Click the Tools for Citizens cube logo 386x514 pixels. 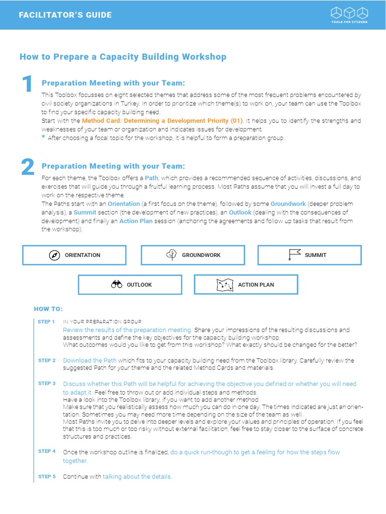[349, 12]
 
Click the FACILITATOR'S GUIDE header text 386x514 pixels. [65, 15]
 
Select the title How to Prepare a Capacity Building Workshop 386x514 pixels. [123, 57]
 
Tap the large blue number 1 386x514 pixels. [27, 84]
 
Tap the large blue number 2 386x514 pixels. [28, 167]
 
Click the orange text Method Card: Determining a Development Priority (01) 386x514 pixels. [162, 121]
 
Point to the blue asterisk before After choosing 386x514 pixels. [43, 138]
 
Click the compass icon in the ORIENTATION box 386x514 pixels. [55, 255]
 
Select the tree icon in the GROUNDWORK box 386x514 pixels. [171, 255]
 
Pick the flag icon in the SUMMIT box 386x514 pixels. [295, 255]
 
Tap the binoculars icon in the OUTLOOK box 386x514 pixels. [117, 285]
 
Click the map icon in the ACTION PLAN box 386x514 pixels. [225, 285]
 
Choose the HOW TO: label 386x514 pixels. [48, 309]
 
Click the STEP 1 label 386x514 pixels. [46, 321]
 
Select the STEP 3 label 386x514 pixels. [47, 383]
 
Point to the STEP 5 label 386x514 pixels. [47, 476]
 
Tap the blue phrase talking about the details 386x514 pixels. [137, 476]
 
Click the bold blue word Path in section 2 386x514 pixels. [151, 178]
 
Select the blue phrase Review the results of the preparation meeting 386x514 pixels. [127, 330]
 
